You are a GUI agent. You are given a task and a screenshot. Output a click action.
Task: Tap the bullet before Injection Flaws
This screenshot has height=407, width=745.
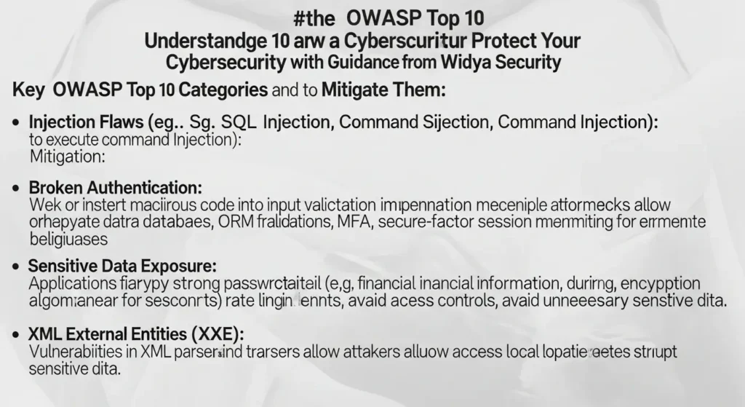(x=15, y=125)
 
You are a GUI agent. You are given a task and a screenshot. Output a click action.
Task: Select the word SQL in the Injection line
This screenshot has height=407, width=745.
(x=236, y=124)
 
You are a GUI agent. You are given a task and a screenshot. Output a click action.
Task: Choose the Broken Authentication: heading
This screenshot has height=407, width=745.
(x=115, y=188)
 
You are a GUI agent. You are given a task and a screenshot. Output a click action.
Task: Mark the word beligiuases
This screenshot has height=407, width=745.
(x=69, y=238)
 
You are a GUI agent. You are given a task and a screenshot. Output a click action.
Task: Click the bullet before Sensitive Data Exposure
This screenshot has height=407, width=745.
(x=15, y=266)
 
